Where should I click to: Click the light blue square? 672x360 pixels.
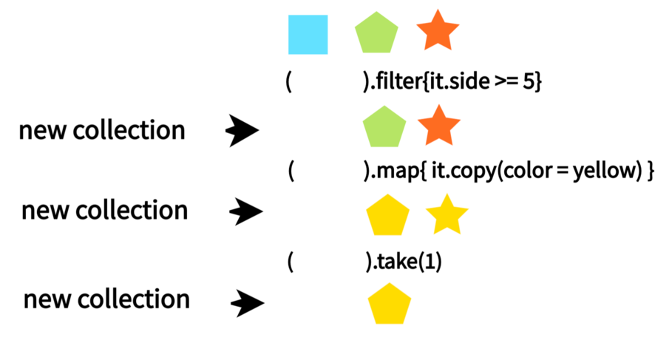click(308, 35)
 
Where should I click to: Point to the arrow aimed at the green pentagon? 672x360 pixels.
click(242, 131)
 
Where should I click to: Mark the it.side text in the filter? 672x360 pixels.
click(458, 83)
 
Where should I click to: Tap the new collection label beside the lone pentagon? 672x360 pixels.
click(106, 299)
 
